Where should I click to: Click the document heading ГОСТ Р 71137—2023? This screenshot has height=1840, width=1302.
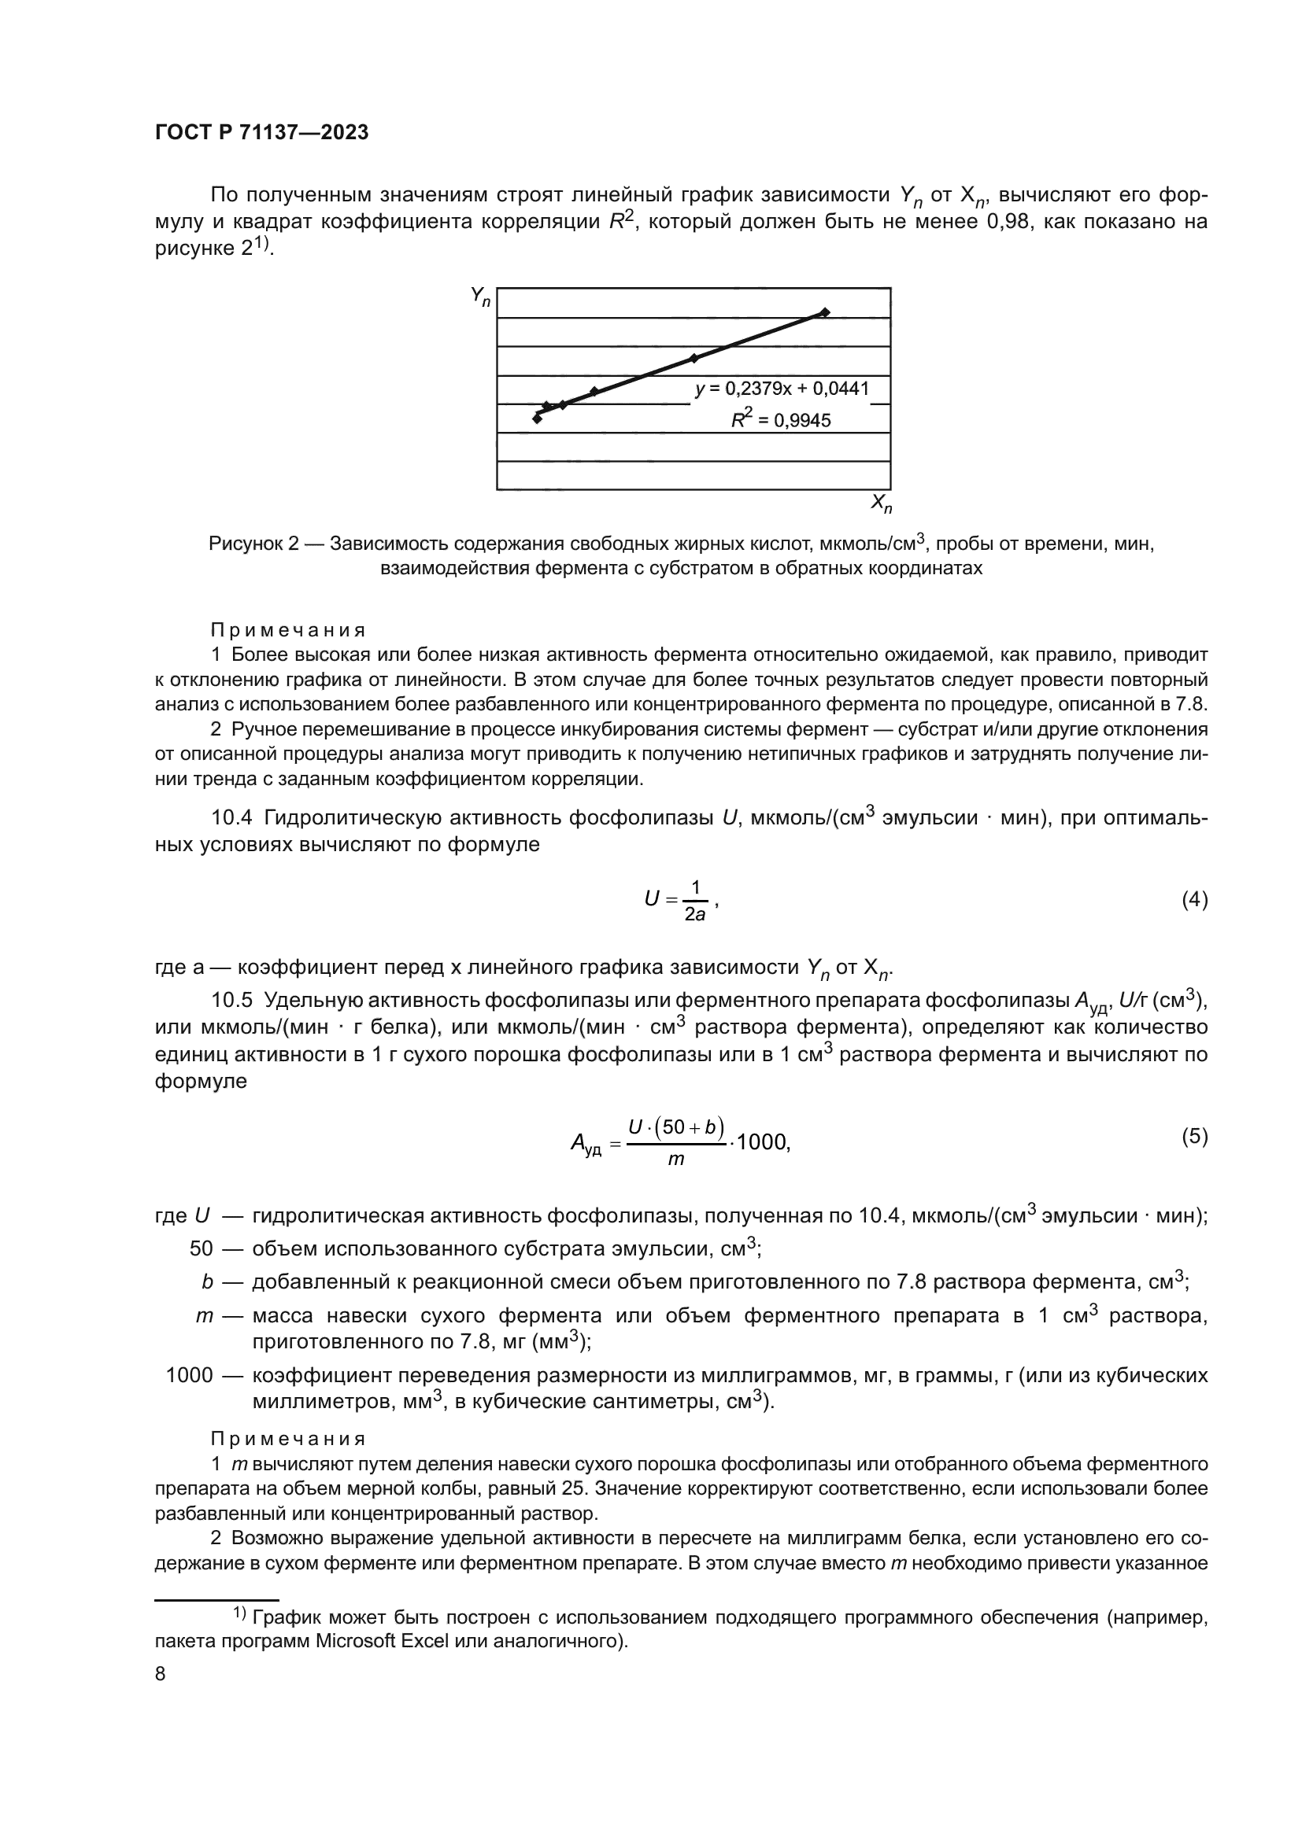[261, 133]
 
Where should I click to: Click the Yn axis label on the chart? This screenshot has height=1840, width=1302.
[480, 297]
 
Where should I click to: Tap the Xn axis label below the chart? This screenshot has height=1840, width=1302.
[881, 504]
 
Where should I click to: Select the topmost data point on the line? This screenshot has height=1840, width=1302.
[825, 312]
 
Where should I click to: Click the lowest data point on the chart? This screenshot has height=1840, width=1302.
[537, 419]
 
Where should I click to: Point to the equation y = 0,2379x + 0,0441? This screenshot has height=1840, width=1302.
[782, 389]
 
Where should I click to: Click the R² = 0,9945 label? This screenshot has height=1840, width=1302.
[781, 419]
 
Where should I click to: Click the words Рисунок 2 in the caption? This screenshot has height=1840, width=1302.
[253, 544]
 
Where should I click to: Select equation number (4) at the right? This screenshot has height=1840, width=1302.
[1194, 900]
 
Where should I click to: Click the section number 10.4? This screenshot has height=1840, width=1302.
[231, 818]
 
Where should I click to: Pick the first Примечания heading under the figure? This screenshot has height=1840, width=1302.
[288, 630]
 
